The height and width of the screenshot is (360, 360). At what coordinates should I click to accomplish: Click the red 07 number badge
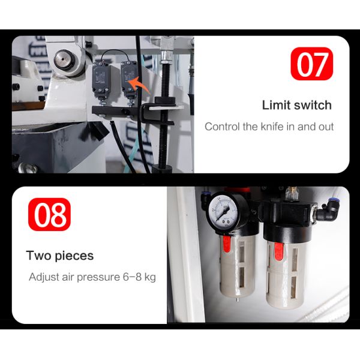[311, 64]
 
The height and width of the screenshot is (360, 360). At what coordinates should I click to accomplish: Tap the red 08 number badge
[49, 214]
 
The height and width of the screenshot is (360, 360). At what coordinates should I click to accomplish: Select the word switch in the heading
[313, 105]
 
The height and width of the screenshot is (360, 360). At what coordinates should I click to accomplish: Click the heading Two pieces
[60, 256]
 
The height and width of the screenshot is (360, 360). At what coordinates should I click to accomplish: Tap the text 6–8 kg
[139, 277]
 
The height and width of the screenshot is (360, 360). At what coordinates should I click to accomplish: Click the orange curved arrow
[139, 85]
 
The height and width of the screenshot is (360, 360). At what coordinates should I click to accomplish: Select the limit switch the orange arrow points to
[128, 79]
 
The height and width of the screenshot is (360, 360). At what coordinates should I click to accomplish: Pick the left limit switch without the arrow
[101, 79]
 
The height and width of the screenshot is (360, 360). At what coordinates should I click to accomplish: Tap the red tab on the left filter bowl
[227, 244]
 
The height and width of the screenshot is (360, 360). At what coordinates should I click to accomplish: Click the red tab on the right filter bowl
[279, 251]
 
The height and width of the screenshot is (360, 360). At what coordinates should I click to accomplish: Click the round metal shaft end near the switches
[64, 59]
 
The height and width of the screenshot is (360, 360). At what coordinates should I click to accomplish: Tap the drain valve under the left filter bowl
[237, 299]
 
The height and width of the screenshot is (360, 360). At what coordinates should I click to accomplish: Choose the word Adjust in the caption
[44, 277]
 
